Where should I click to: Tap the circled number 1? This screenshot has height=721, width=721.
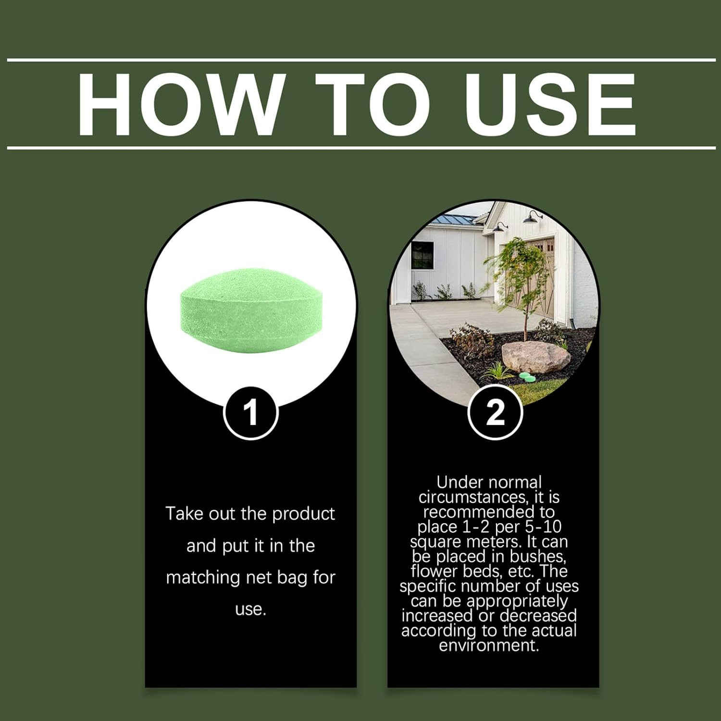[251, 412]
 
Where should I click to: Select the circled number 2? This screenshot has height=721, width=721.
[495, 412]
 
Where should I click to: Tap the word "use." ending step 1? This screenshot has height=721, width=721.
[250, 609]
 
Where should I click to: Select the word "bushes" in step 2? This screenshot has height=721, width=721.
[534, 556]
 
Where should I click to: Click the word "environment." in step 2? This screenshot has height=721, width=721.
[489, 645]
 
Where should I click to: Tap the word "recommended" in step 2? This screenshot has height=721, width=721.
[489, 511]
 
